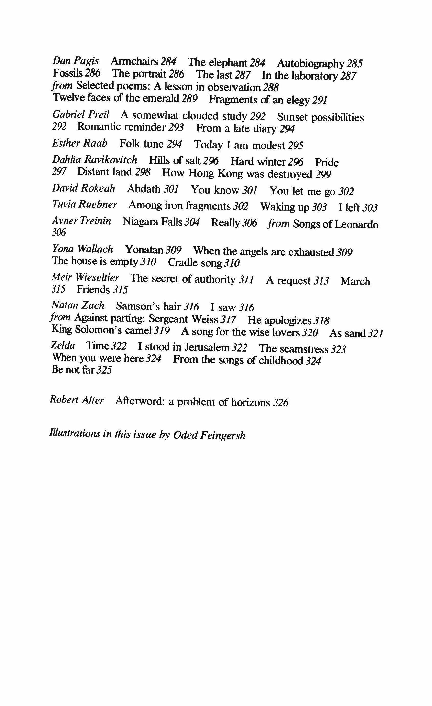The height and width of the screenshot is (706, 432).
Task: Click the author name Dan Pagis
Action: [x=76, y=61]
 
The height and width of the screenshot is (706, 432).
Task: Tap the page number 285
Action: [x=355, y=63]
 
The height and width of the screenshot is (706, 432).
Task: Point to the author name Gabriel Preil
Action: [x=81, y=115]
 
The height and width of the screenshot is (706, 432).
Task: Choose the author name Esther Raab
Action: [x=80, y=143]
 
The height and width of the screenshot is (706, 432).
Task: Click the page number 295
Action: [x=295, y=146]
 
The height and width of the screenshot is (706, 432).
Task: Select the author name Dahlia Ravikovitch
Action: [x=94, y=159]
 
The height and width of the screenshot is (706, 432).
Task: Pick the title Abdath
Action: [x=144, y=189]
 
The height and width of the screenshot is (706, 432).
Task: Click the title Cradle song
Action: [x=195, y=262]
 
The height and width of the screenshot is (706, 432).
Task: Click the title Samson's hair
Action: [x=148, y=306]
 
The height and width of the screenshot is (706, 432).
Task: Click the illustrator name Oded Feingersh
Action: [x=209, y=435]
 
